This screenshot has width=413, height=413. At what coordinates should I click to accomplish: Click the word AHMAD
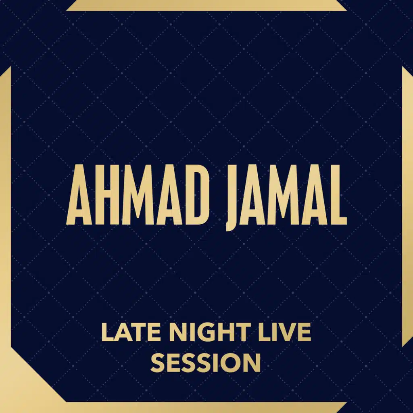138,195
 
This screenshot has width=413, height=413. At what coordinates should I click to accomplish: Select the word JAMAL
287,198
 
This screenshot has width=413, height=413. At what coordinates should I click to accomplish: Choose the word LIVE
284,332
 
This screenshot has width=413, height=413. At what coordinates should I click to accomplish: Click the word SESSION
206,363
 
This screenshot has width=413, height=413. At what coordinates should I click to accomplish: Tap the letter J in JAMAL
234,198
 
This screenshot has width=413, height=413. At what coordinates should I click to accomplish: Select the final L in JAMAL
338,195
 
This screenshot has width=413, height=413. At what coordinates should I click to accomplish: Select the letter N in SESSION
253,363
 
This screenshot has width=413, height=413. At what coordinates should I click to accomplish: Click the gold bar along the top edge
206,6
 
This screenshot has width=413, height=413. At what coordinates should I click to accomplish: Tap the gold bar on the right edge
407,206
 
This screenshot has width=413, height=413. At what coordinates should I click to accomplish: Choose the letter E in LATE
157,332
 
